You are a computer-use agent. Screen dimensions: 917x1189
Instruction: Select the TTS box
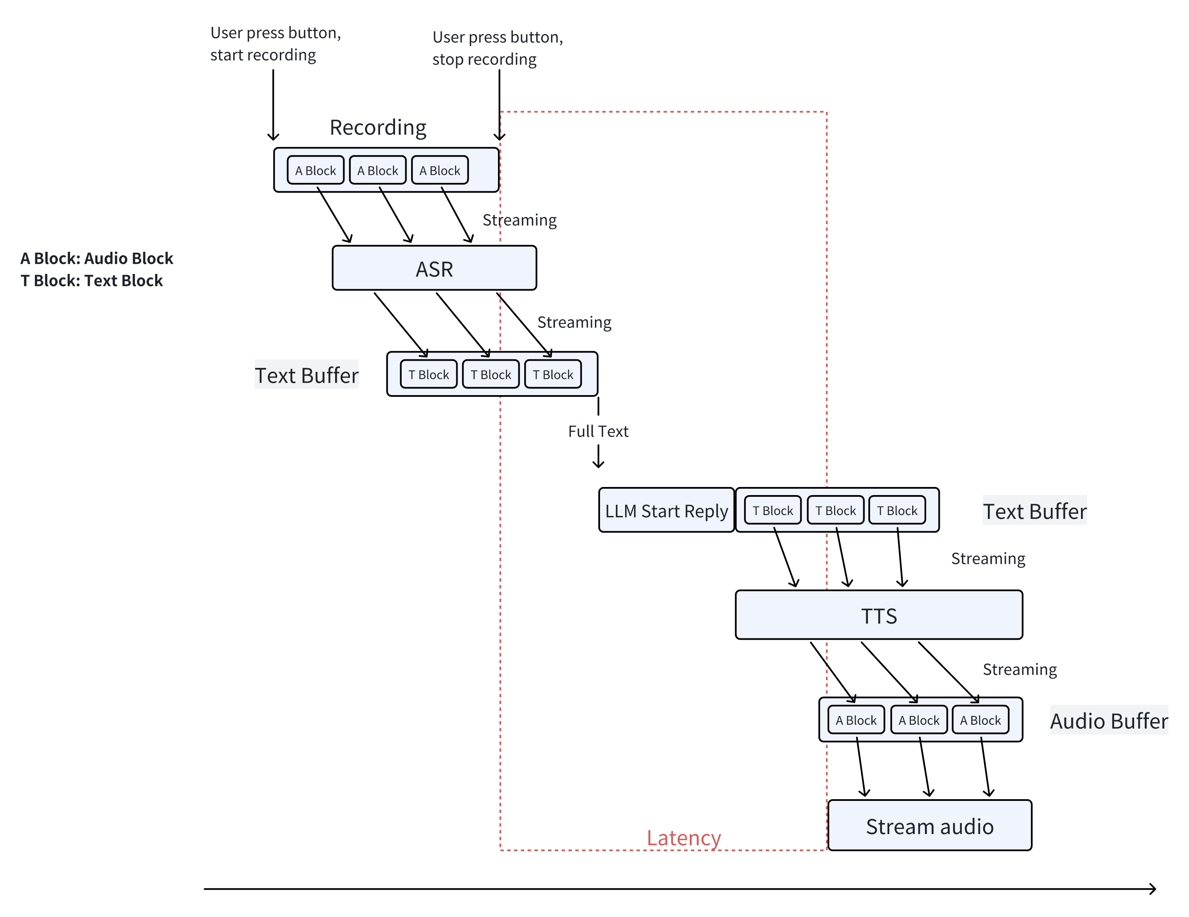(878, 615)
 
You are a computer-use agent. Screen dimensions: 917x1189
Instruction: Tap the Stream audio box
(929, 826)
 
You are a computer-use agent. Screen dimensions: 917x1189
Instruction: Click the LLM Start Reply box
(666, 511)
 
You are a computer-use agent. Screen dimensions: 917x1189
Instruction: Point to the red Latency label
(683, 837)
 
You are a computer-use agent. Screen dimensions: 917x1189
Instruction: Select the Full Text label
(598, 431)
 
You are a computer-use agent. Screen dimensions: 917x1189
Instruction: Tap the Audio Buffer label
(1109, 720)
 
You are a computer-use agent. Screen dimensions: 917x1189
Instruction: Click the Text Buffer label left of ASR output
(307, 375)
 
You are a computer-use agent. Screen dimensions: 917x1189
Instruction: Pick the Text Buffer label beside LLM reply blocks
(1034, 511)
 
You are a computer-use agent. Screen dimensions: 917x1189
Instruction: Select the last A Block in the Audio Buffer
(980, 720)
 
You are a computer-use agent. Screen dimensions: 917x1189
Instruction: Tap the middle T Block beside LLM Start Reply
(835, 510)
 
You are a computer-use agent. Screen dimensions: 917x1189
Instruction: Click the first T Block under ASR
(429, 375)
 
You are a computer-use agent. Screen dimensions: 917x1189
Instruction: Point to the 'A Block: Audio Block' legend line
(97, 258)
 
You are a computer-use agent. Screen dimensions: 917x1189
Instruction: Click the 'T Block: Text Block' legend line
(91, 280)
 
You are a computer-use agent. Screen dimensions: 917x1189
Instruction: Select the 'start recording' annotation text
(263, 55)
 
